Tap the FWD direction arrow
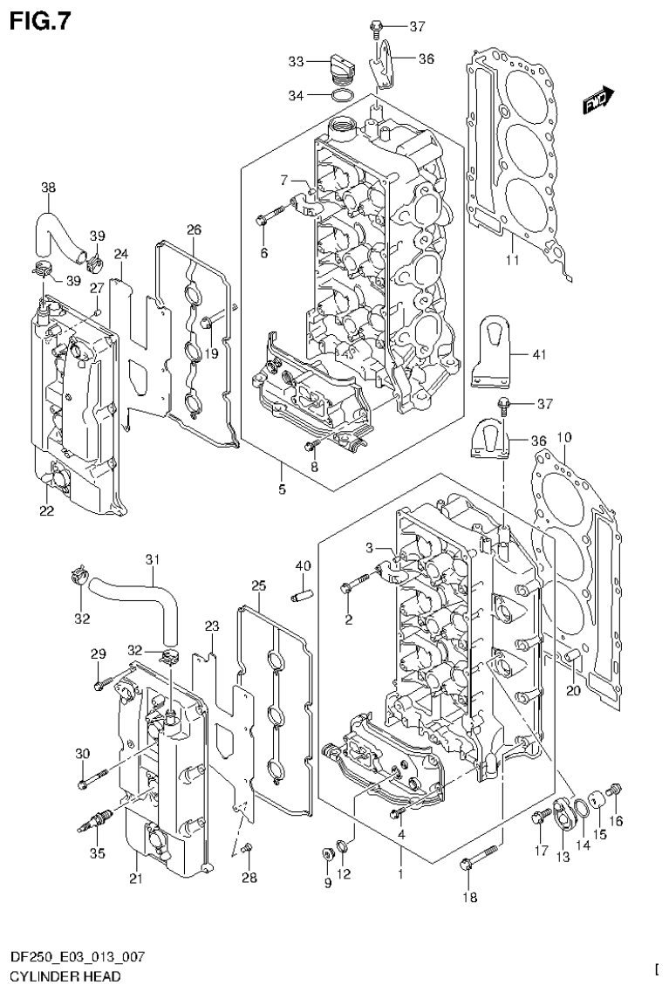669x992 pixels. pyautogui.click(x=597, y=101)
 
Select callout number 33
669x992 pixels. pyautogui.click(x=296, y=61)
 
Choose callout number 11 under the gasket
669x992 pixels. pyautogui.click(x=512, y=260)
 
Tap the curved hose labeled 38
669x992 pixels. pyautogui.click(x=57, y=229)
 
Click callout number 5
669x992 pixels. pyautogui.click(x=282, y=489)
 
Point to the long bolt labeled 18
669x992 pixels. pyautogui.click(x=478, y=855)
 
